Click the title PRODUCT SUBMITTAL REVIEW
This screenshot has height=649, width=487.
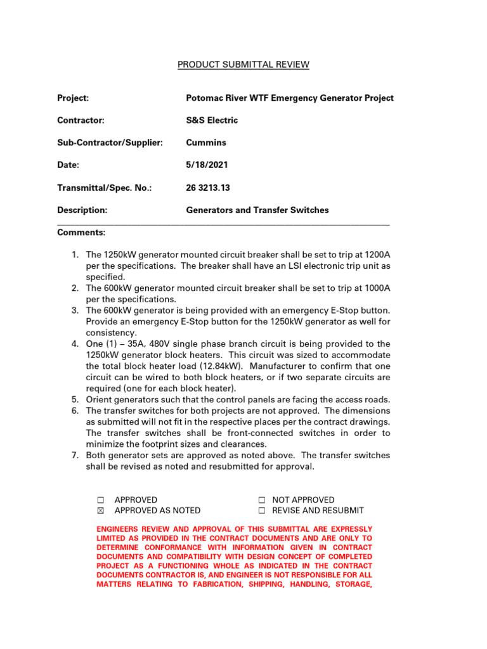pos(243,65)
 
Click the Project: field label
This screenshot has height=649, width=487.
pos(73,98)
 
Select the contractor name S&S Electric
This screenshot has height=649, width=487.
pos(212,120)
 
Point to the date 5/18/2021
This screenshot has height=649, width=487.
pos(207,165)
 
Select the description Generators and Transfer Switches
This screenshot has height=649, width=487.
pos(257,210)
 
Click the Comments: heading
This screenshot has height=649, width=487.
pos(81,233)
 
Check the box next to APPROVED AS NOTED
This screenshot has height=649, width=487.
pos(100,511)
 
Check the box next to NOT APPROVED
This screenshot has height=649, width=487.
pos(261,500)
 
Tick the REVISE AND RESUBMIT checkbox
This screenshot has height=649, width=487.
pos(261,511)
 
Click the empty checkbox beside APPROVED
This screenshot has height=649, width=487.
pos(100,500)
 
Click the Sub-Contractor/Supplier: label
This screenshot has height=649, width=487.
pos(110,143)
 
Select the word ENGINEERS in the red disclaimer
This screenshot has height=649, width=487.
pos(119,529)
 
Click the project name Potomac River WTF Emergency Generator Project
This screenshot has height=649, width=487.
pos(289,98)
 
